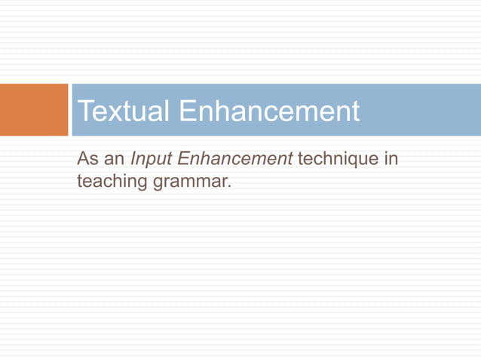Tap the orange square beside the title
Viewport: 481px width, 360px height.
[34, 110]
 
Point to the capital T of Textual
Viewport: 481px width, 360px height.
[84, 111]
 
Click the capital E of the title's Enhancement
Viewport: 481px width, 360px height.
[186, 111]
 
